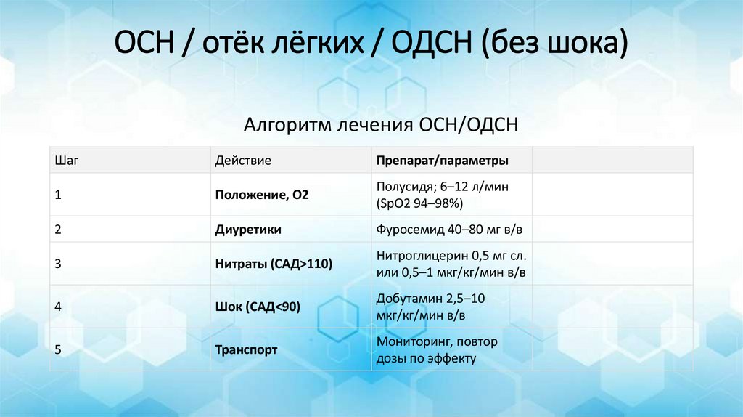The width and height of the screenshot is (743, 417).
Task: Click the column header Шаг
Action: coord(66,160)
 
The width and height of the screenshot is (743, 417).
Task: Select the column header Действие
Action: coord(243,160)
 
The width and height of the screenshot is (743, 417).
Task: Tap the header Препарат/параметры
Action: coord(442,160)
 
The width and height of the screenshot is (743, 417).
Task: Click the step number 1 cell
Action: coord(58,195)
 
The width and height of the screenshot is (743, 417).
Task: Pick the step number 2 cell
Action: coord(58,230)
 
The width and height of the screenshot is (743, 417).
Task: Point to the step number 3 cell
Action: coord(58,264)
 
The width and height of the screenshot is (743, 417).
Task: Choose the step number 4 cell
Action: coord(58,307)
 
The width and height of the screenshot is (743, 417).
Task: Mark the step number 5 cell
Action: coord(58,349)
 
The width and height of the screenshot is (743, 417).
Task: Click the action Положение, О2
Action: coord(262,195)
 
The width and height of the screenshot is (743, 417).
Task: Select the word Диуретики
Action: coord(248,230)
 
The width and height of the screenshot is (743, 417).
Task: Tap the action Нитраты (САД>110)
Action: coord(274,264)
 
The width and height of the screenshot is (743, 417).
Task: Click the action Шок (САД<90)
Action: coord(258,307)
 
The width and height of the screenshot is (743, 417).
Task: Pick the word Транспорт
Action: coord(246,349)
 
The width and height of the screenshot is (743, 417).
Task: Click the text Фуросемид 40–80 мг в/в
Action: coord(449,230)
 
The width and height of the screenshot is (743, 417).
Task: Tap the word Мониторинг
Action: coord(410,341)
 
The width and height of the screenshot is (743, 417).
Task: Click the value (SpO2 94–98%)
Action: coord(419,203)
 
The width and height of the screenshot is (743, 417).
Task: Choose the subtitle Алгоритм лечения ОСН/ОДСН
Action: coord(381,125)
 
